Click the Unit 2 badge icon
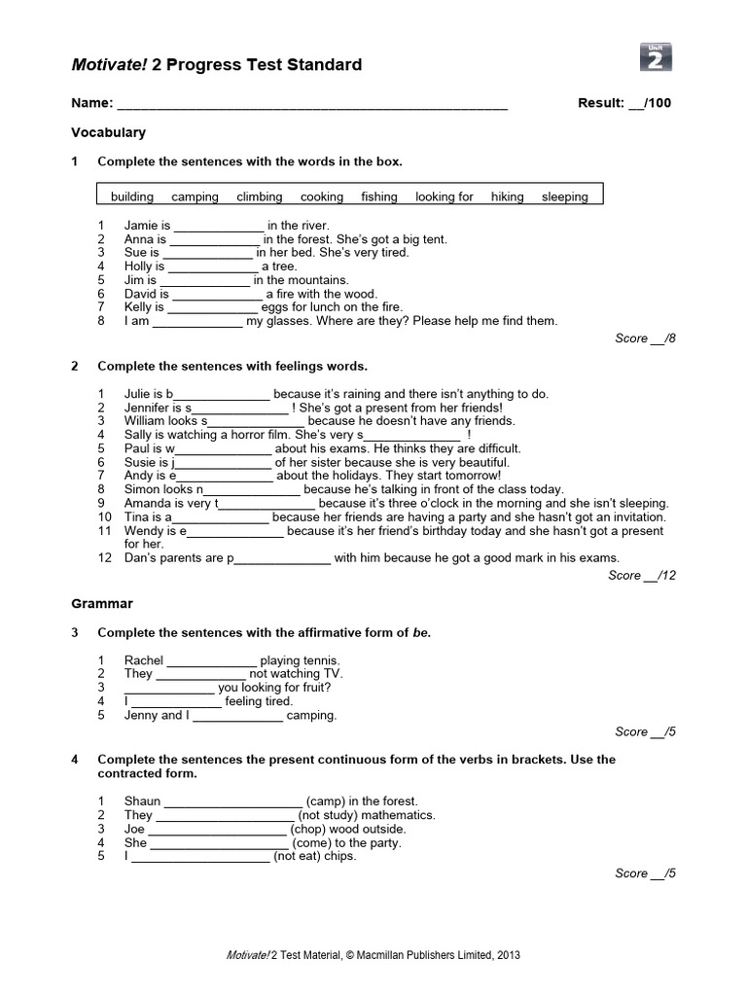tap(657, 57)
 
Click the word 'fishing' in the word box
tap(379, 196)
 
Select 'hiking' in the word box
tap(507, 196)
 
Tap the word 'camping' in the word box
tap(195, 196)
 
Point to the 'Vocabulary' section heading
tap(108, 132)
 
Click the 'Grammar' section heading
tap(102, 604)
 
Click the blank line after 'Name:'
tap(311, 104)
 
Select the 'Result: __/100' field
tap(623, 103)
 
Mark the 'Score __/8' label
tap(645, 338)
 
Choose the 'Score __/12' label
tap(642, 576)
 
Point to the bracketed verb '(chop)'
tap(312, 830)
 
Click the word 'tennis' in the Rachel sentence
tap(321, 660)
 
